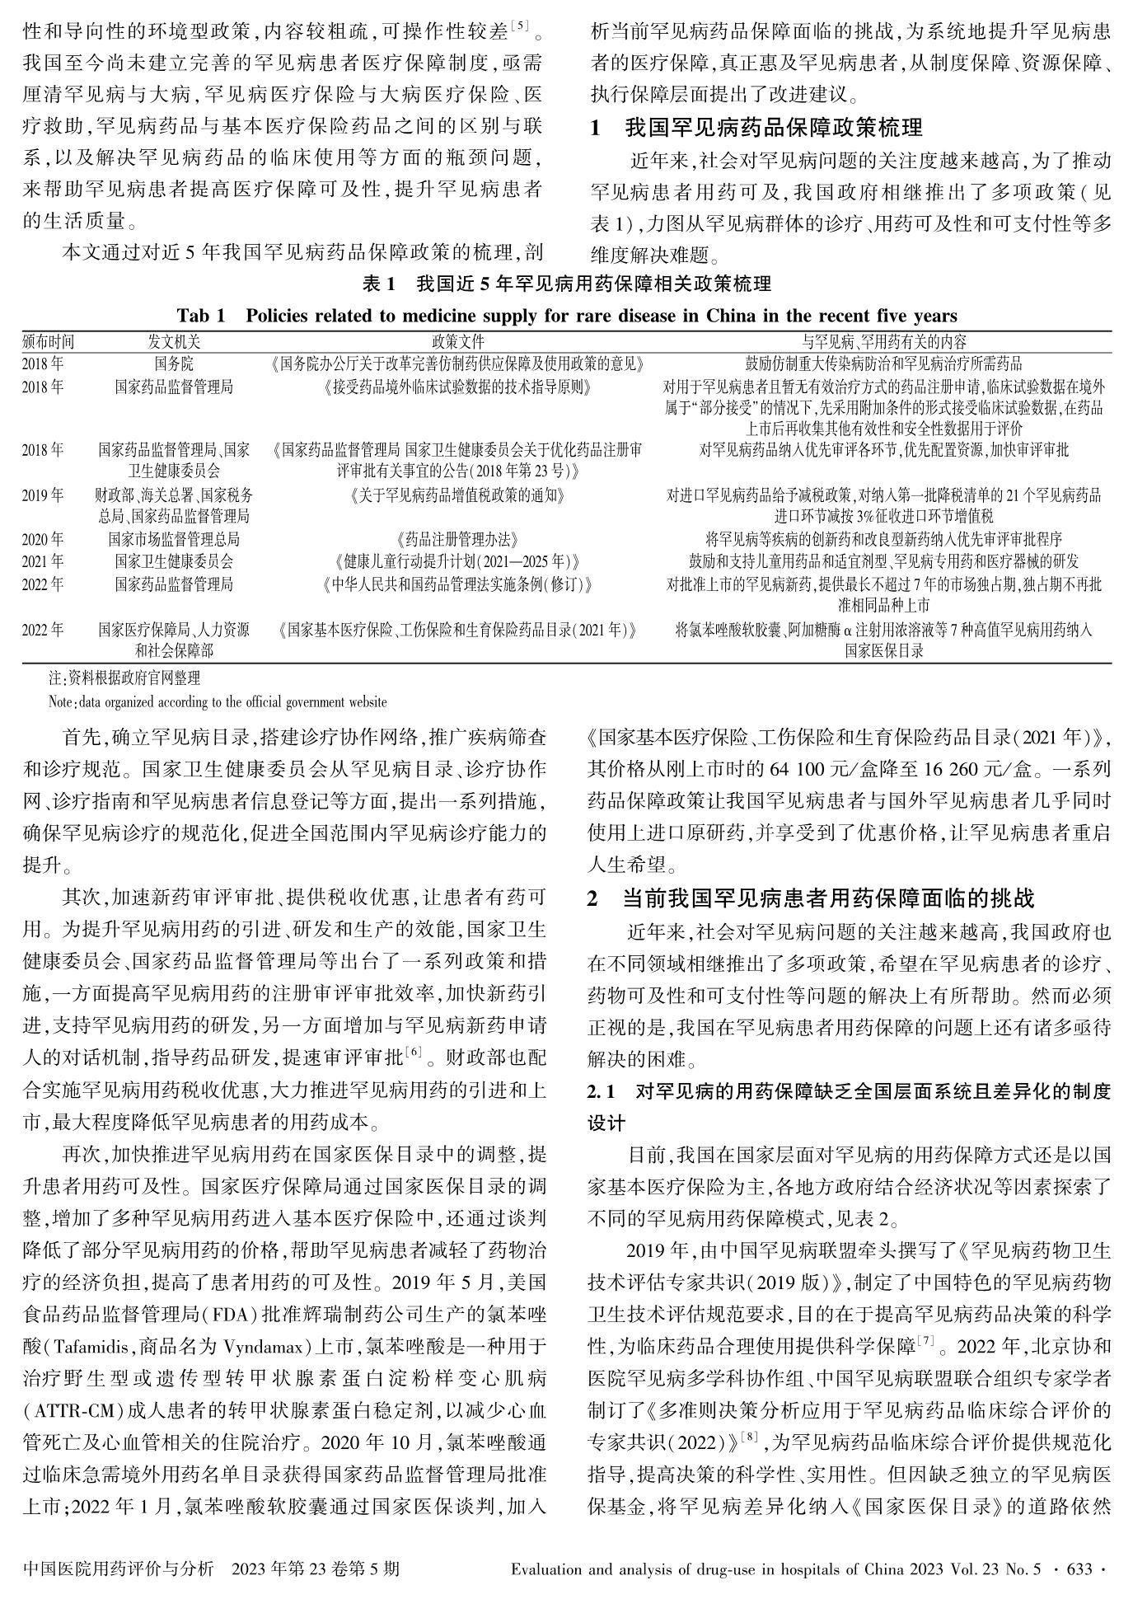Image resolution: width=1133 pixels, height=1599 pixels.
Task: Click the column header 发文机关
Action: click(174, 341)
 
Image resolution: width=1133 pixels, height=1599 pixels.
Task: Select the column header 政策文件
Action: click(458, 341)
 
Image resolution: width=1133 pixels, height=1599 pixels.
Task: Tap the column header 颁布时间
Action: click(48, 341)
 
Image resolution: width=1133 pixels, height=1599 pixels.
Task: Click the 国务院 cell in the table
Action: click(174, 363)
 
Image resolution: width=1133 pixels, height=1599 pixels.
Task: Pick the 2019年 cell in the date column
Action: click(43, 495)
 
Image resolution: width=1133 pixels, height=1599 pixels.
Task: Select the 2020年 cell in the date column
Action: click(43, 540)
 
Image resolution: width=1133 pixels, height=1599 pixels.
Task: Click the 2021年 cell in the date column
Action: click(43, 562)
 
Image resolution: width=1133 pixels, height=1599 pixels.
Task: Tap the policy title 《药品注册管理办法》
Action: click(458, 540)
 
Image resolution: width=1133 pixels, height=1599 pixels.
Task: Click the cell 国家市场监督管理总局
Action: click(174, 540)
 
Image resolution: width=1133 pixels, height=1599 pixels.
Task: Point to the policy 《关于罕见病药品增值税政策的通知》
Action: click(458, 495)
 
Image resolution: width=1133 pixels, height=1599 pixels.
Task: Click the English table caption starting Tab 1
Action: click(567, 316)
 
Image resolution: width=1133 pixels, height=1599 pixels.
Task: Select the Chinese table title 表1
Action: click(567, 284)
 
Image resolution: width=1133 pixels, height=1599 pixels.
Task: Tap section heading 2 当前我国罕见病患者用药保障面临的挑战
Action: click(811, 898)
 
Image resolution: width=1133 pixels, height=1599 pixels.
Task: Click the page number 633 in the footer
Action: click(1078, 1569)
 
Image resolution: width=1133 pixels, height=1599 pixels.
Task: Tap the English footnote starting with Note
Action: click(218, 702)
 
